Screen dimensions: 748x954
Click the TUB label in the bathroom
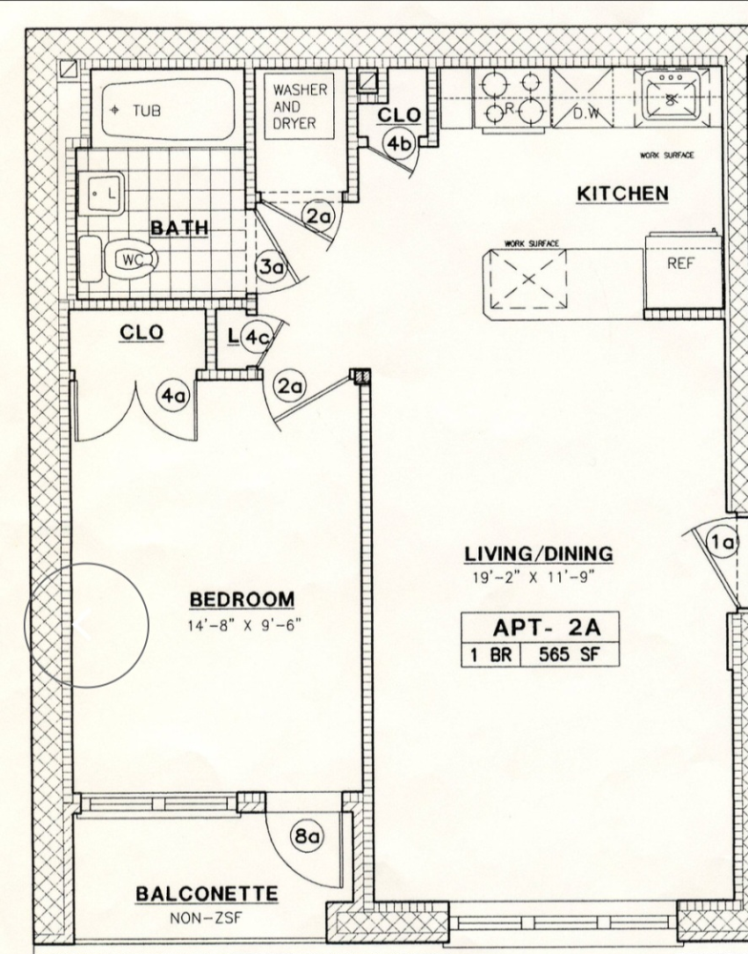pos(146,111)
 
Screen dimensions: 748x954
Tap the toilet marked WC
pos(124,259)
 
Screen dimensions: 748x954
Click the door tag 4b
pos(399,144)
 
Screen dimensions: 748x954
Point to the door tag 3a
pos(273,268)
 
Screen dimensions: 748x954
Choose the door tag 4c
pos(255,337)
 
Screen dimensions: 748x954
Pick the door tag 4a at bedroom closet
pos(173,398)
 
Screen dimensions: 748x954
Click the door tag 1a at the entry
pos(722,543)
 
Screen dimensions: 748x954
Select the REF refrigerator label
pos(680,265)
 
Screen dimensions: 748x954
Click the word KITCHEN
pos(622,194)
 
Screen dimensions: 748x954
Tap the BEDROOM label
pos(241,599)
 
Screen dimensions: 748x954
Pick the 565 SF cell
pos(571,655)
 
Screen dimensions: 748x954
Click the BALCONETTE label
pos(207,895)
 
